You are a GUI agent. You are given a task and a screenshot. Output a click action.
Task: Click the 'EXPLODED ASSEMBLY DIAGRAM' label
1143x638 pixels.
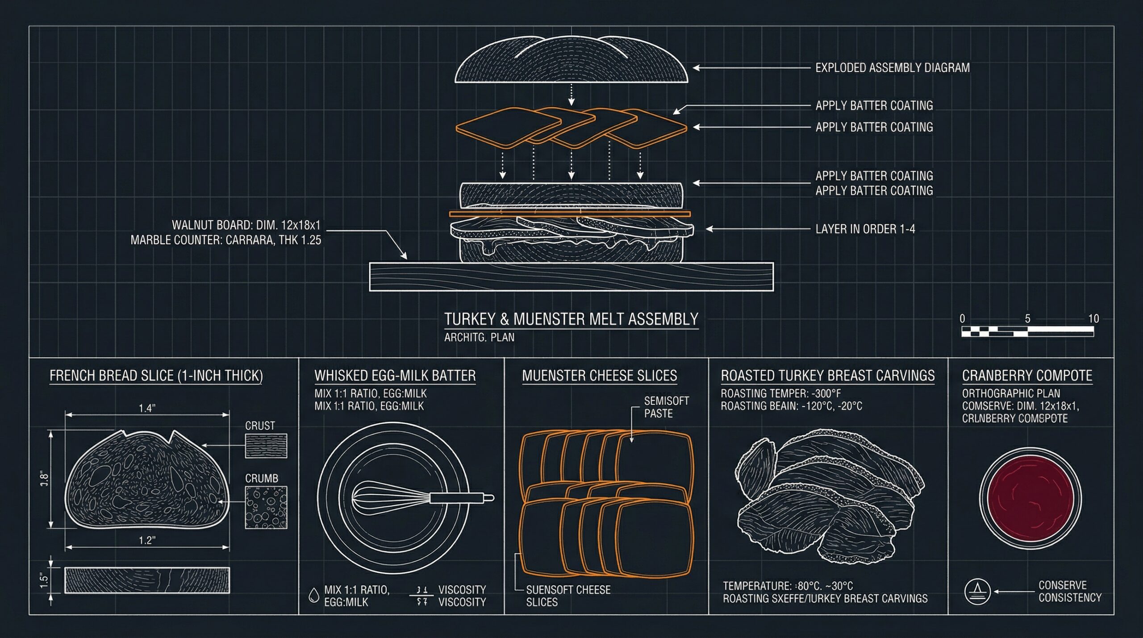[892, 68]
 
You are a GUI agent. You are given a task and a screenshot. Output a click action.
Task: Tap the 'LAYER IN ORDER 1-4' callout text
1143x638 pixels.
[865, 229]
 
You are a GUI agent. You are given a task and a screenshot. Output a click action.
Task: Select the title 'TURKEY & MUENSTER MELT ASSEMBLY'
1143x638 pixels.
[571, 319]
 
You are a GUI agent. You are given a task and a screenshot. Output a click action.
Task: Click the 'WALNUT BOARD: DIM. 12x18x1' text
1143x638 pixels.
[246, 225]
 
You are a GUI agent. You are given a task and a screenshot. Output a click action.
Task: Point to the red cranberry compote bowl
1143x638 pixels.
[1030, 498]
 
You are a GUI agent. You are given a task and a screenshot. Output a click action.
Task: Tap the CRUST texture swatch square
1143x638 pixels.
[266, 446]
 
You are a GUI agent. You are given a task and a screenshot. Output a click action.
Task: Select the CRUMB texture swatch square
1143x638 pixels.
[266, 508]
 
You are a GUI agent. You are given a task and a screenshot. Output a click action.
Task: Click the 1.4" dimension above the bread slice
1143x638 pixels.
[147, 408]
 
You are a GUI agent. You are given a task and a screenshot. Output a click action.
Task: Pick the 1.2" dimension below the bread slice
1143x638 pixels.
[147, 540]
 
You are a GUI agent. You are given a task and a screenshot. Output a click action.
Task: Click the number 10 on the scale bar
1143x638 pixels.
[1093, 319]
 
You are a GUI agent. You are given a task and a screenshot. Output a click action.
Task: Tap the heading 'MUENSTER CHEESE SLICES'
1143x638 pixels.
[599, 376]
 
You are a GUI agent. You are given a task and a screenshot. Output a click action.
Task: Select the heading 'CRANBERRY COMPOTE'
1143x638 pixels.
[1027, 376]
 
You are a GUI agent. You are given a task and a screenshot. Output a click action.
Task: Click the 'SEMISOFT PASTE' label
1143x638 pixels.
[666, 407]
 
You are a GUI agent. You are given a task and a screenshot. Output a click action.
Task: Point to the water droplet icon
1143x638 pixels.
[314, 595]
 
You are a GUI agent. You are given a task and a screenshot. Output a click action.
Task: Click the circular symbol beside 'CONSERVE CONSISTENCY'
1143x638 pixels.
[977, 591]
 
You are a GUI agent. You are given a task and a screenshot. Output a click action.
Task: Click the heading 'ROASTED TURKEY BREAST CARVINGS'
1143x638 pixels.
[827, 376]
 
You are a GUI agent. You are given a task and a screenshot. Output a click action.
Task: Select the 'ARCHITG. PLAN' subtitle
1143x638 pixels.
[479, 338]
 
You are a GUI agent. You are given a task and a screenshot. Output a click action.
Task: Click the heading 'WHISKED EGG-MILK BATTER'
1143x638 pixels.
[395, 376]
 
